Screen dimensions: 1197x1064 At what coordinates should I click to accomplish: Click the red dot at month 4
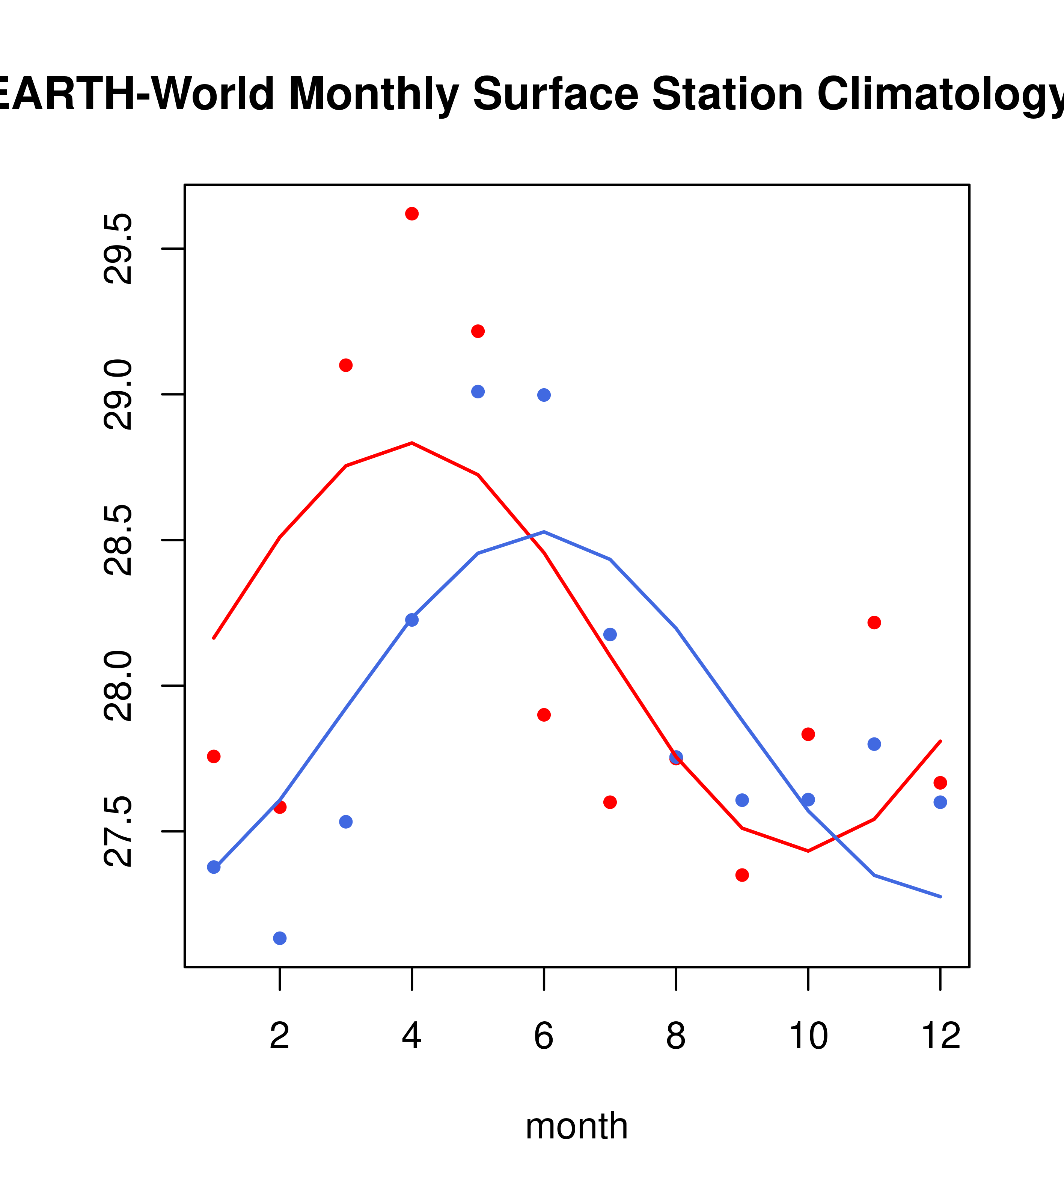coord(411,214)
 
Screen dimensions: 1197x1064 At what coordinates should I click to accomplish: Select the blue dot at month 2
coord(280,938)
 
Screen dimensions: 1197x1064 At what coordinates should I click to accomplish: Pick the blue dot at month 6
coord(544,395)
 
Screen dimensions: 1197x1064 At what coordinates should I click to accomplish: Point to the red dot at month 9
coord(742,875)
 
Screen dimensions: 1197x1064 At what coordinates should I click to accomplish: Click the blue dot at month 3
coord(346,822)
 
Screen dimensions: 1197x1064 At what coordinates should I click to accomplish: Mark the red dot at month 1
coord(214,757)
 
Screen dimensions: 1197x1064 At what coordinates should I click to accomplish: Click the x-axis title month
coord(577,1126)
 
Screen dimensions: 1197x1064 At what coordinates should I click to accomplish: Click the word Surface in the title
coord(555,94)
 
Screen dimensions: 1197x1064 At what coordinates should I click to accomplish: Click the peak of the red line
coord(411,443)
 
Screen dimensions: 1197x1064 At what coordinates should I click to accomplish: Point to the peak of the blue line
coord(544,532)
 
